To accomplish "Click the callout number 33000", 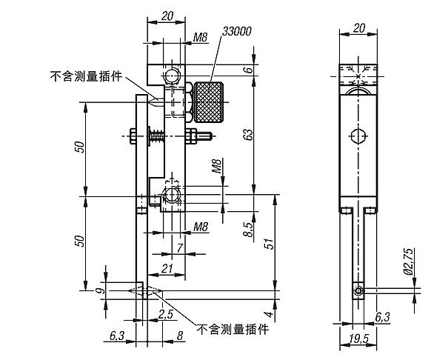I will pos(236,33).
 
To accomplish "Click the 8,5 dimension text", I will pos(248,229).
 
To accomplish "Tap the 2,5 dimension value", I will pos(165,314).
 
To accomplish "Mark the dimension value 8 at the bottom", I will pos(180,336).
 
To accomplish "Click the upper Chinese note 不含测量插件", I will pos(85,76).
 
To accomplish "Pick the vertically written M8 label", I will pos(216,166).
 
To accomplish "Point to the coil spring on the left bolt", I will pos(158,136).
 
